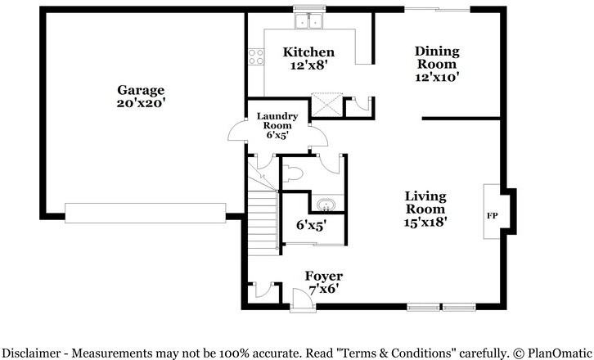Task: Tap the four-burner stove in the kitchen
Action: click(255, 56)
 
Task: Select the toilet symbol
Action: click(295, 173)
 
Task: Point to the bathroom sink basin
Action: click(323, 203)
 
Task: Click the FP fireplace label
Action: click(493, 217)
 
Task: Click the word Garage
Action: click(141, 90)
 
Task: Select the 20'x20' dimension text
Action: click(141, 103)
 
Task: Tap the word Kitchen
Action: click(308, 52)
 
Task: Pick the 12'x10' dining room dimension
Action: click(437, 78)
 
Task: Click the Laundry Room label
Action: click(277, 121)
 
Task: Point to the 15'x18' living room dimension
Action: click(425, 221)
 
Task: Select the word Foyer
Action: click(323, 276)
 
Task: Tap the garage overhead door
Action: click(145, 213)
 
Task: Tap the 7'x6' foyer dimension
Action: click(323, 289)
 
